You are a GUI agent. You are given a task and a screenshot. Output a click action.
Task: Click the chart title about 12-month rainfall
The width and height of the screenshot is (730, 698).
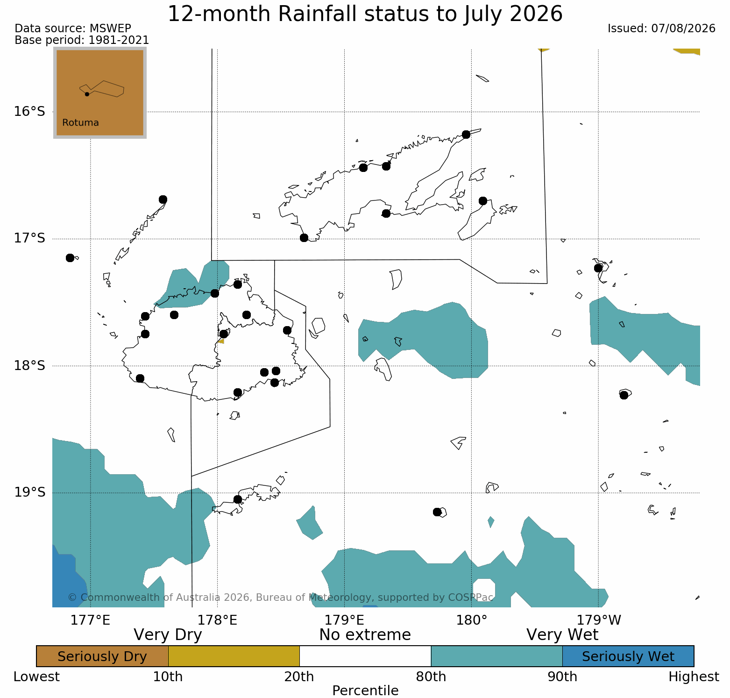(365, 14)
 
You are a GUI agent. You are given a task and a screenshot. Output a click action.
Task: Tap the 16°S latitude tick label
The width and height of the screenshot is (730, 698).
(29, 112)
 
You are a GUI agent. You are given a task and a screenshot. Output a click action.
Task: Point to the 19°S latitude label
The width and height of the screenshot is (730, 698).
(29, 492)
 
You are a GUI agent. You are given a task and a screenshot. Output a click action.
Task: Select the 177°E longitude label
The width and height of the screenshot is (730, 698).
(90, 620)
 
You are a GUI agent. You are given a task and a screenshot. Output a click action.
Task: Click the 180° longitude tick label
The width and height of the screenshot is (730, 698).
(471, 620)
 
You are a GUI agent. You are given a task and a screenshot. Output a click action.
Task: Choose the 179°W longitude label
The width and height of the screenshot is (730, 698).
(599, 620)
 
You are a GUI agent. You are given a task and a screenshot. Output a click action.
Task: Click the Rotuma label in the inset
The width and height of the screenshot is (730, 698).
(80, 123)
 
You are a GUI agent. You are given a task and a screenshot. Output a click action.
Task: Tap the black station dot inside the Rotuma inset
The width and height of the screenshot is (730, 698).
(87, 94)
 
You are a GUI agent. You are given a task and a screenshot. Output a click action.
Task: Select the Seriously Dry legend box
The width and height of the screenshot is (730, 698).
(102, 656)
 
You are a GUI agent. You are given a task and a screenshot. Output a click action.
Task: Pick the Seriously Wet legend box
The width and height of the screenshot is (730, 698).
(628, 656)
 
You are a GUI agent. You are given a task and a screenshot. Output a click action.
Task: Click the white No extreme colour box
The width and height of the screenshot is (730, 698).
(365, 656)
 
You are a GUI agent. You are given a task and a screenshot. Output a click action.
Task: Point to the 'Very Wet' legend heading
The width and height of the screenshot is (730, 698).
(562, 635)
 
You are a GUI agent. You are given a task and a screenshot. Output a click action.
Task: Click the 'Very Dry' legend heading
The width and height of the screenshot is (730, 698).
(168, 635)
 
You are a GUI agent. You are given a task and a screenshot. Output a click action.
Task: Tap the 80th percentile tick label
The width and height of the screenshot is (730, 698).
(431, 677)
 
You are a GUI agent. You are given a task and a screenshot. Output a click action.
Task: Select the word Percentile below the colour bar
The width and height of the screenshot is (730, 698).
(365, 691)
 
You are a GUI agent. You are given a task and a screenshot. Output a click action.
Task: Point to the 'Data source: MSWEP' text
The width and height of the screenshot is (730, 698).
(73, 28)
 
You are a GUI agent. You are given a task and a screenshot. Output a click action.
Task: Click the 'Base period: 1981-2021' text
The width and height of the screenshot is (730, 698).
(82, 40)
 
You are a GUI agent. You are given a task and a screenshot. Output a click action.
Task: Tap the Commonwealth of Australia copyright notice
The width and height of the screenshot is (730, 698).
(280, 598)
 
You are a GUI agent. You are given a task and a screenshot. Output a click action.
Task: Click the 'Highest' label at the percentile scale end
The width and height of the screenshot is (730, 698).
(694, 677)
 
